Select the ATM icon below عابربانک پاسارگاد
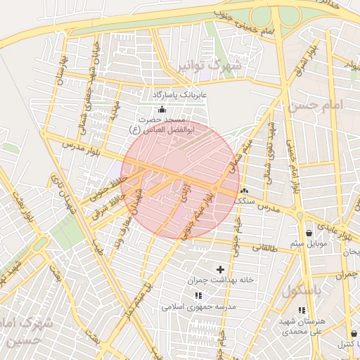[x=163, y=108]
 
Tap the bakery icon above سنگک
[x=244, y=191]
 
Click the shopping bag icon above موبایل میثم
[x=309, y=233]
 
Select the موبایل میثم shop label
[x=309, y=244]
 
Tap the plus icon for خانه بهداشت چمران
[x=220, y=269]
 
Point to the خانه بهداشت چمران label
[x=220, y=279]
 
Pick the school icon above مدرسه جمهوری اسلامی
[x=198, y=295]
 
